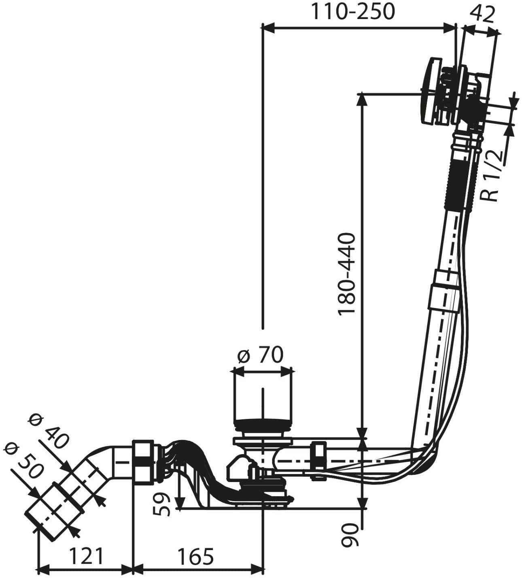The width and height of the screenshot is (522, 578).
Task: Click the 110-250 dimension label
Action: coord(352,12)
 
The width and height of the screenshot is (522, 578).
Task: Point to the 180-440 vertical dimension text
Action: coord(347,274)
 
